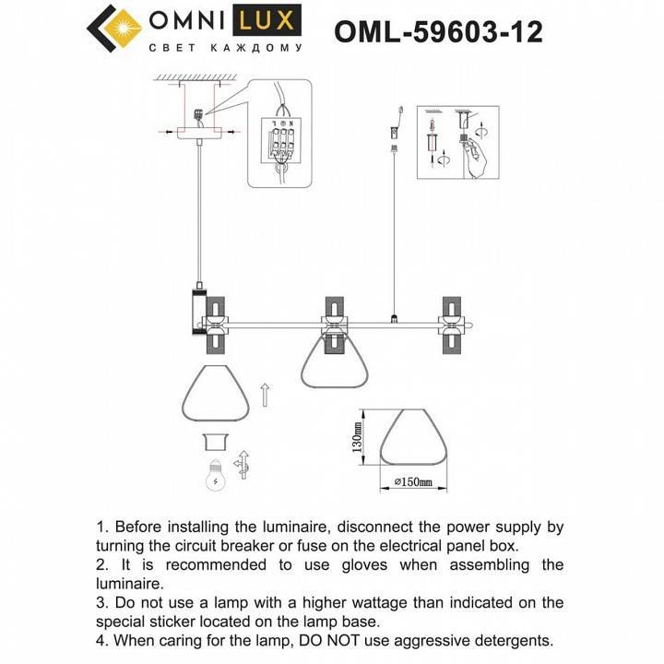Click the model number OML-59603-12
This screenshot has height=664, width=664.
438,31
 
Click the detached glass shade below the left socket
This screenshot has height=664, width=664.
217,394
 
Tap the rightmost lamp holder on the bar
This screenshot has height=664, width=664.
452,325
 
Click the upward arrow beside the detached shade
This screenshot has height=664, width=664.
266,395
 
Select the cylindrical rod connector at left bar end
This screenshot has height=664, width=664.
196,314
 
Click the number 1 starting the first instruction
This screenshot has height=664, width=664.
101,528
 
